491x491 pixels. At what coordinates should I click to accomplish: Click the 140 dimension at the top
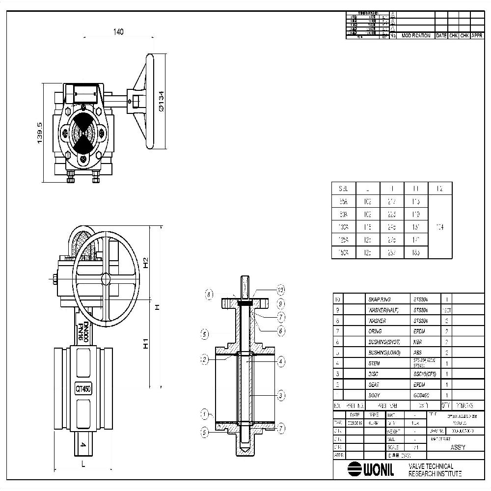point(118,32)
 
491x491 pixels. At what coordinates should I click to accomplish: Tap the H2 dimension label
point(145,262)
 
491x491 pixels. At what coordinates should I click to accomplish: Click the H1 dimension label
point(145,343)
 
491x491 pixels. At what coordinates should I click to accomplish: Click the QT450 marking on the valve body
point(83,389)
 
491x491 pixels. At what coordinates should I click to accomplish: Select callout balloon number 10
point(281,289)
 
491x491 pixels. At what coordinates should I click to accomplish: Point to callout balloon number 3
point(281,395)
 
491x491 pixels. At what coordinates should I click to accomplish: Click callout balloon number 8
point(210,295)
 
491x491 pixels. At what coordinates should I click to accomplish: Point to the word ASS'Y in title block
point(454,447)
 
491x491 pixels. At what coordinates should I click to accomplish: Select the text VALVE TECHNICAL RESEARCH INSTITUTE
point(435,469)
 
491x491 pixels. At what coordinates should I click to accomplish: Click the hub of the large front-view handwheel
point(106,279)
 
